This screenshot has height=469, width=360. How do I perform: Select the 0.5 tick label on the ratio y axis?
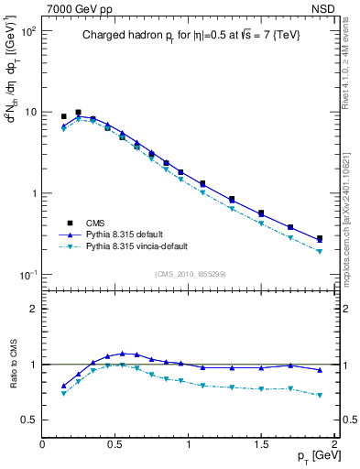(29, 420)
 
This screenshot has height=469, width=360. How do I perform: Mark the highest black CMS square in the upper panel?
(78, 113)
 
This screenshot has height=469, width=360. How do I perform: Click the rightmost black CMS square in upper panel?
(320, 239)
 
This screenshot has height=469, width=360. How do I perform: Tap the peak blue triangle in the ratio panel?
(122, 353)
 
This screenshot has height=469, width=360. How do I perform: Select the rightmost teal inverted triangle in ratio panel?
(320, 396)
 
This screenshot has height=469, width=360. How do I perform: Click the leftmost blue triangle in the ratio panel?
(63, 386)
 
